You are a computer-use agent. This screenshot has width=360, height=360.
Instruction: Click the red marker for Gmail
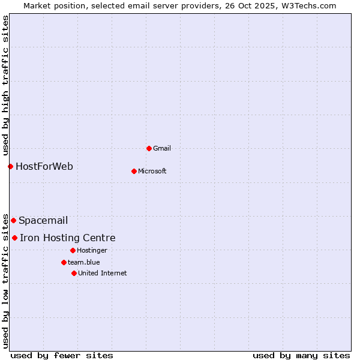[149, 148]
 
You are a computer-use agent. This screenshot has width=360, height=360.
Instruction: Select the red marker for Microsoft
[134, 171]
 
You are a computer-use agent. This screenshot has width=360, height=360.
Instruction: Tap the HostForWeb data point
[10, 166]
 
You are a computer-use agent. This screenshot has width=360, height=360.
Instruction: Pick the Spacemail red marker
[13, 220]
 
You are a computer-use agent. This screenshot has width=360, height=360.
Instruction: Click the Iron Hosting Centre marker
[14, 238]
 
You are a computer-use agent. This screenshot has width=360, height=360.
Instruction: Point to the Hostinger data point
[73, 250]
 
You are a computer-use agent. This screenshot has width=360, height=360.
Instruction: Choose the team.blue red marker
[64, 262]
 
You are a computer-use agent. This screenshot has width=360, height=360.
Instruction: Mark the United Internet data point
[74, 273]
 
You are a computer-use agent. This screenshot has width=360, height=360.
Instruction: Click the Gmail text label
[163, 148]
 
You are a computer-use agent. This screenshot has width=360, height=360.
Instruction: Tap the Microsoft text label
[152, 171]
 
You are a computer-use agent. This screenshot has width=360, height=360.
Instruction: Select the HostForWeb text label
[44, 166]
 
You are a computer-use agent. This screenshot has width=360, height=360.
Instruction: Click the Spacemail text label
[43, 220]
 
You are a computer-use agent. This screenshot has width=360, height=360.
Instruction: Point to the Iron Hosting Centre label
[68, 238]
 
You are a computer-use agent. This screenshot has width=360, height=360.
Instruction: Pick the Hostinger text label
[92, 250]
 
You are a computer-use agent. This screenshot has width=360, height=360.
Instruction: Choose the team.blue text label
[84, 262]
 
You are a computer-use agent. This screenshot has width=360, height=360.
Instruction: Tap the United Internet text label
[103, 273]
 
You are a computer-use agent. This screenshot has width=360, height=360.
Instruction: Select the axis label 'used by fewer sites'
[62, 355]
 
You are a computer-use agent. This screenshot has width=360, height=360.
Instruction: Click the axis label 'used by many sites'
[301, 355]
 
